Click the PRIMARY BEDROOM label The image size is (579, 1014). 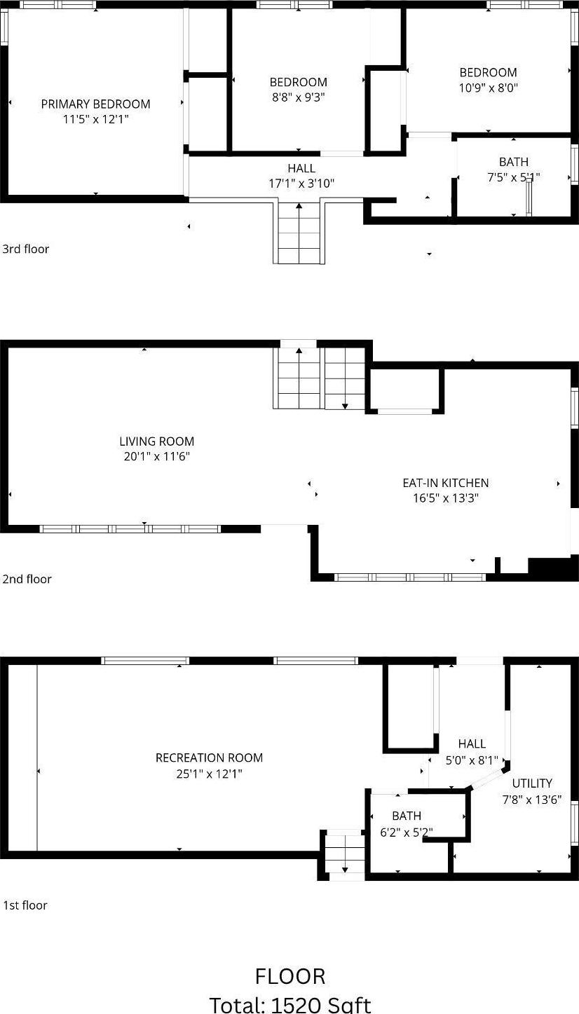[x=95, y=104]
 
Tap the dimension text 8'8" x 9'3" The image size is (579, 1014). [x=299, y=97]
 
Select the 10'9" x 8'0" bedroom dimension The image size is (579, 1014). [x=488, y=88]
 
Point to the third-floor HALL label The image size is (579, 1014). [x=301, y=168]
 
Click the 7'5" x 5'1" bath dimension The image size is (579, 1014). [x=513, y=177]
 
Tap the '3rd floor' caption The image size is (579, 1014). [x=25, y=249]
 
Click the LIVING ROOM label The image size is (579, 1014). [x=156, y=441]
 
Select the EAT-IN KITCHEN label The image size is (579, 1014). [x=445, y=483]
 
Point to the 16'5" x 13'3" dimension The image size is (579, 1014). [x=445, y=498]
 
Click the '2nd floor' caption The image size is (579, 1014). [x=27, y=579]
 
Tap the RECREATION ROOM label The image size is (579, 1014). [x=209, y=758]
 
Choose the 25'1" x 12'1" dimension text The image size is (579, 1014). [x=209, y=774]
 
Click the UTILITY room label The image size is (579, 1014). [x=532, y=783]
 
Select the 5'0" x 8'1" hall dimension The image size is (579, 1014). [x=472, y=760]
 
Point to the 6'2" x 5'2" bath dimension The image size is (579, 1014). [x=407, y=832]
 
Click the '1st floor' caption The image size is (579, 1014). [x=25, y=905]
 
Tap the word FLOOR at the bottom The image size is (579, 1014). [x=290, y=976]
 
